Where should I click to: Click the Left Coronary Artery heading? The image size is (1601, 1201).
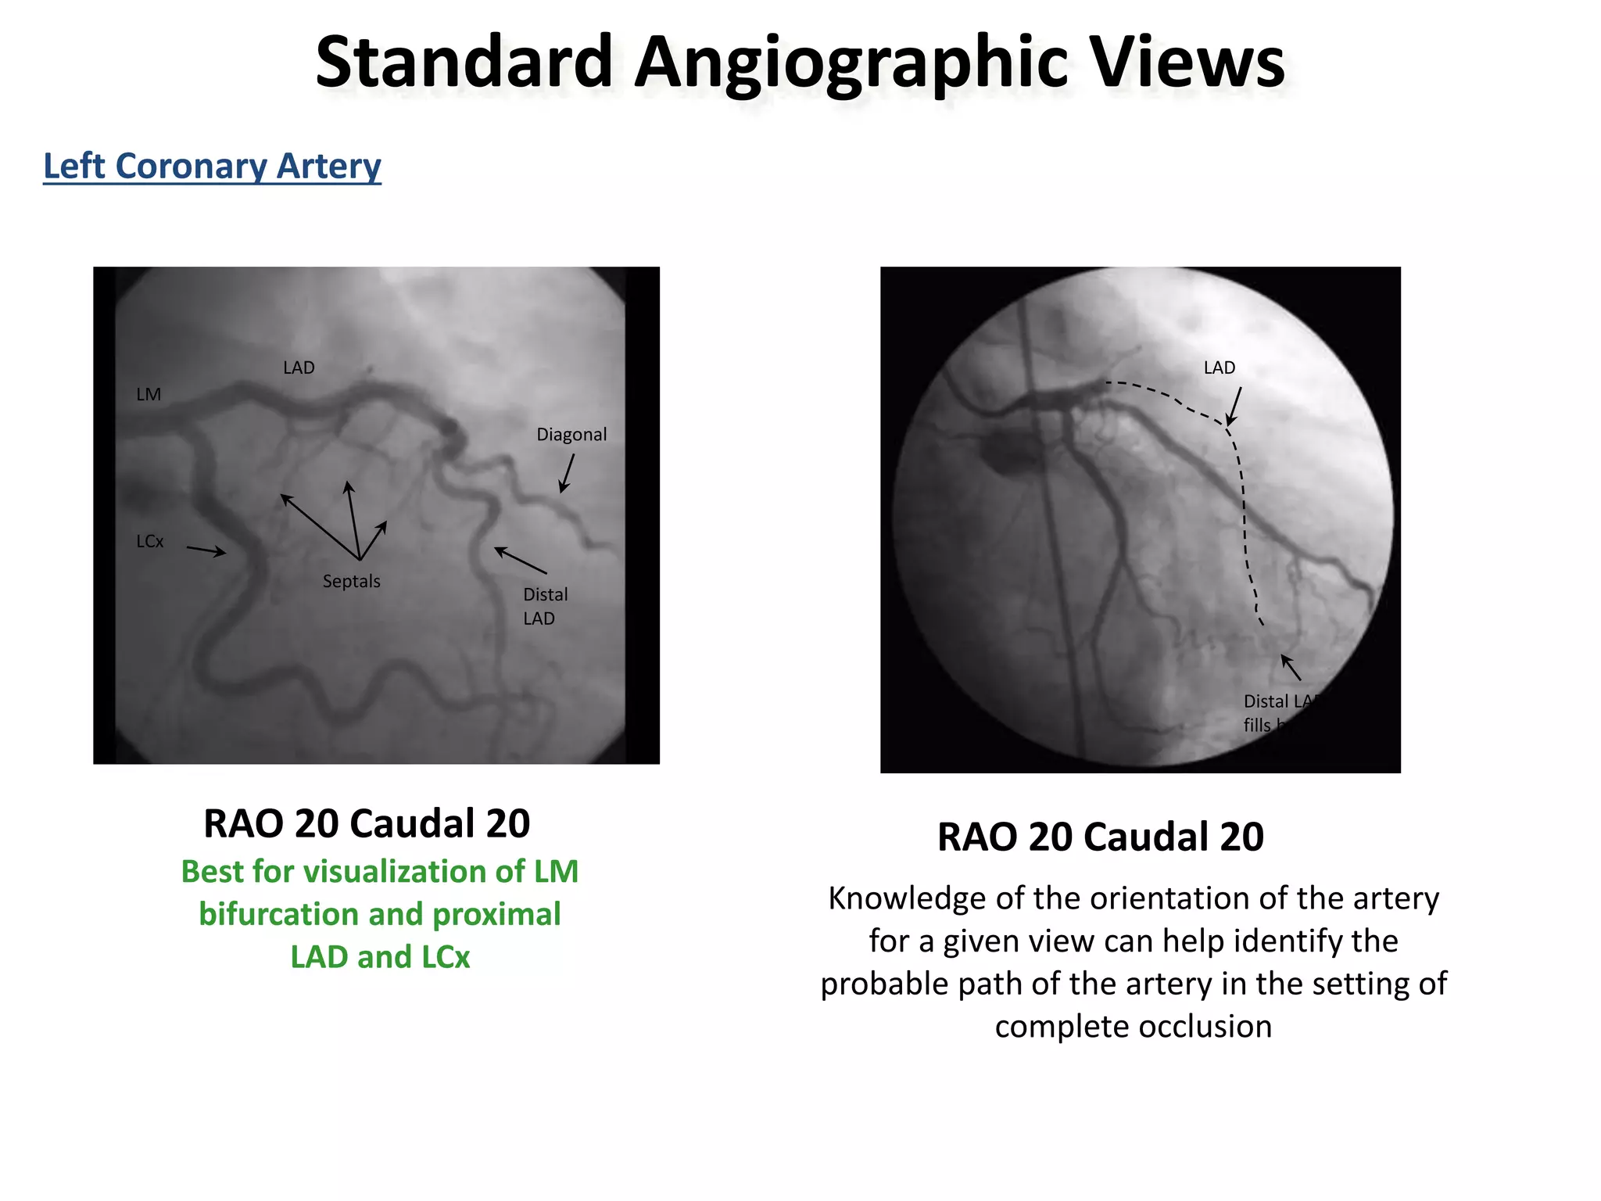212,166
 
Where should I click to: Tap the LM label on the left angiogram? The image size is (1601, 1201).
149,395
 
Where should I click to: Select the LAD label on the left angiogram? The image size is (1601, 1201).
299,367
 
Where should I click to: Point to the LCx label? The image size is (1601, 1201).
150,541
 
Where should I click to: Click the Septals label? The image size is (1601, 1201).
351,581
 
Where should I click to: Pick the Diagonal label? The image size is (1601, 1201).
571,435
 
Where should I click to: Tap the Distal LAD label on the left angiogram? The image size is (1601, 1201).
545,606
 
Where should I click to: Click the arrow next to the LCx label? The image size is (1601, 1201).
206,550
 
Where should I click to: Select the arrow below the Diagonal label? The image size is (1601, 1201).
567,474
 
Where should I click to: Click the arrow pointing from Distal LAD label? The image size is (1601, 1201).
521,561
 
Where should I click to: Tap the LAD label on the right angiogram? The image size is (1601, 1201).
1220,367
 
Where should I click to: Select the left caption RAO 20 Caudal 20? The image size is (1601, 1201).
367,823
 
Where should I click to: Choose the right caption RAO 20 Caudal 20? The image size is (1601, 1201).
1100,837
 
